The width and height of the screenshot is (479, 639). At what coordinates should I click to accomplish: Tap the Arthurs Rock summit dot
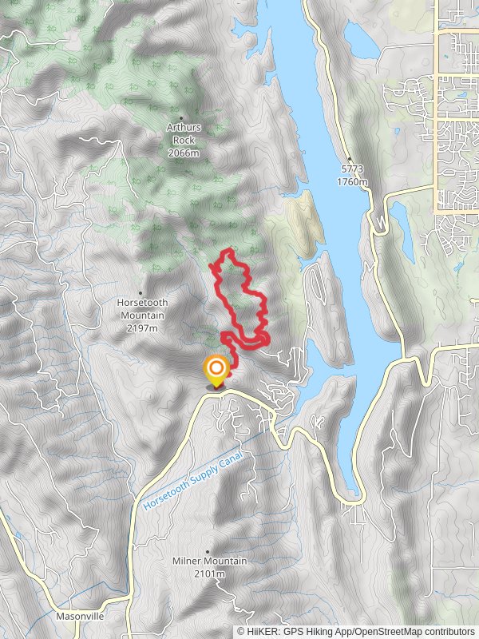[182, 117]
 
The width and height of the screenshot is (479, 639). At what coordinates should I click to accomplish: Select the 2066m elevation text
[183, 152]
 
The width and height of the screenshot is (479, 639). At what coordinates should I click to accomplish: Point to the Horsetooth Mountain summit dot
[141, 292]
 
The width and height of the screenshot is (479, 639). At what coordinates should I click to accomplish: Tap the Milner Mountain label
[209, 562]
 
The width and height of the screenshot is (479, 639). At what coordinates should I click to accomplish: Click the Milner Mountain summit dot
[208, 551]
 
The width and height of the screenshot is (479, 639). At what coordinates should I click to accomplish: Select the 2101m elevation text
[209, 574]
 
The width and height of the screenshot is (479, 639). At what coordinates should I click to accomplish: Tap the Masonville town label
[80, 617]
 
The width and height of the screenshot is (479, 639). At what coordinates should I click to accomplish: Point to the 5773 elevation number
[351, 170]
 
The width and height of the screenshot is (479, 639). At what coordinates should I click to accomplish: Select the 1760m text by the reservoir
[351, 181]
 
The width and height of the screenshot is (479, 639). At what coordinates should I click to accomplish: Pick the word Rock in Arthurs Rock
[183, 139]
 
